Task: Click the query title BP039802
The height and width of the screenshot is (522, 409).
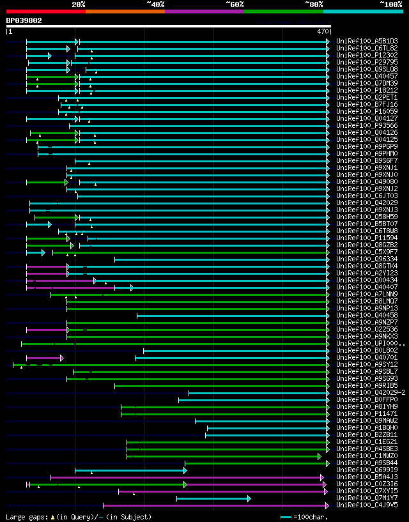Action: [24, 20]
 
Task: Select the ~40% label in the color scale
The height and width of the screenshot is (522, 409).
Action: [155, 4]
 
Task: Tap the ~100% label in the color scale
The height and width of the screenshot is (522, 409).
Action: [391, 4]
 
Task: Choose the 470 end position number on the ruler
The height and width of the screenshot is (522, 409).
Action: [323, 31]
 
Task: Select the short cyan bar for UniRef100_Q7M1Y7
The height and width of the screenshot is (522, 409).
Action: [212, 498]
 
